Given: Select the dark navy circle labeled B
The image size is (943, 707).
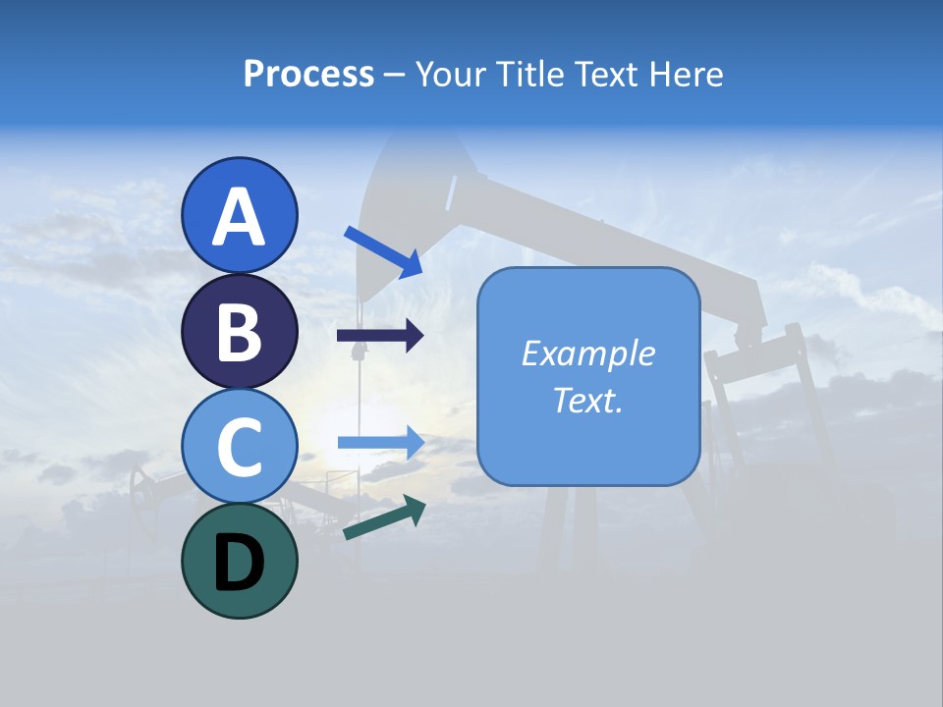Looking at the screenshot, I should pyautogui.click(x=240, y=331).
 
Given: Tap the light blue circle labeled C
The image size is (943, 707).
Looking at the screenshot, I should pyautogui.click(x=240, y=446).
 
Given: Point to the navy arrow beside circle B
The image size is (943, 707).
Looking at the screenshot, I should pyautogui.click(x=380, y=336).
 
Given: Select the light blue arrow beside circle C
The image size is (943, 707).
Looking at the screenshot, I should pyautogui.click(x=380, y=443).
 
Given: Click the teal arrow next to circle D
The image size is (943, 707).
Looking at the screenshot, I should pyautogui.click(x=384, y=517).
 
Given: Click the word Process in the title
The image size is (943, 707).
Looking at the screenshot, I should pyautogui.click(x=308, y=74).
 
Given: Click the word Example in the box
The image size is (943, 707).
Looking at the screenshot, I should pyautogui.click(x=587, y=353).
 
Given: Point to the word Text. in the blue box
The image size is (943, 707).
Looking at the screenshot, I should pyautogui.click(x=587, y=400).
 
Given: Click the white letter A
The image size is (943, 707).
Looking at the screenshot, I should pyautogui.click(x=240, y=218).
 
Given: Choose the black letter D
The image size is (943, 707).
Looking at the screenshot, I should pyautogui.click(x=240, y=563).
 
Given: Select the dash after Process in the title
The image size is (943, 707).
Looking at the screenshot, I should pyautogui.click(x=394, y=76).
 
